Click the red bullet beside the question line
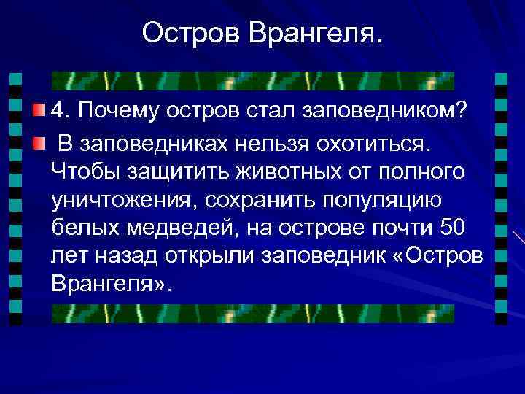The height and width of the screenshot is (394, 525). [39, 110]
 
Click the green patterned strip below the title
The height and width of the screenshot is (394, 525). [253, 80]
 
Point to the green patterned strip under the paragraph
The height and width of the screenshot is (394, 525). [253, 313]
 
